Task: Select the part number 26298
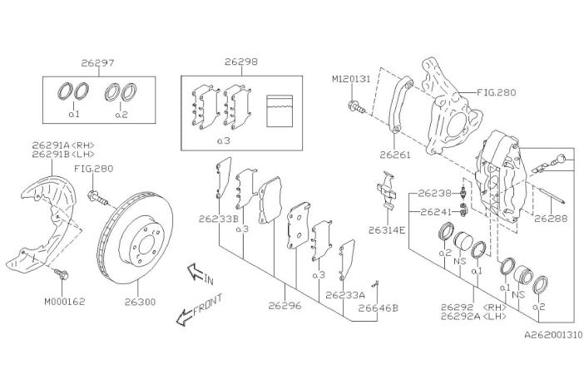click(x=241, y=62)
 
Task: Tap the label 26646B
click(x=378, y=307)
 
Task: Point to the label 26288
click(x=551, y=219)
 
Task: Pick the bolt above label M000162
click(x=62, y=273)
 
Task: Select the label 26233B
click(x=218, y=220)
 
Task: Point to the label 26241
click(x=435, y=212)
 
